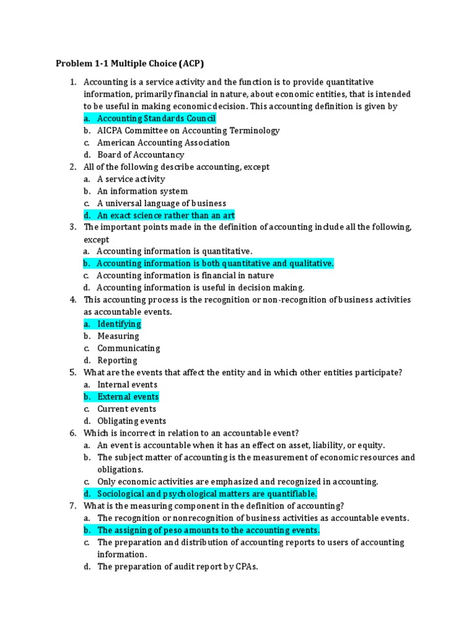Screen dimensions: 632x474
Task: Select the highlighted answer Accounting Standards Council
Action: click(156, 118)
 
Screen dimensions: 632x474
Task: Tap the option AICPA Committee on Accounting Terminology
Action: click(188, 131)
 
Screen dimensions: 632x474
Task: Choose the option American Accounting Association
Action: click(163, 143)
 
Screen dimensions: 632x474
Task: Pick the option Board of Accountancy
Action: click(141, 155)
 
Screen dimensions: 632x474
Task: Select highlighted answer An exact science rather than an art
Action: click(166, 215)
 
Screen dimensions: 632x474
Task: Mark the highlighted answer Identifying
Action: click(119, 324)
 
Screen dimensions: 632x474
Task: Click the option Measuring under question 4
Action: click(118, 336)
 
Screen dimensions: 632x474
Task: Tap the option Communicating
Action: click(128, 348)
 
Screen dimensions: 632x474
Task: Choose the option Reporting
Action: click(117, 360)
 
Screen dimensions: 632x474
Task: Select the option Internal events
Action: click(127, 385)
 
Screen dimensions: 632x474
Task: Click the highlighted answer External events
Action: click(128, 397)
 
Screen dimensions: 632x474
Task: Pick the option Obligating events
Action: click(131, 421)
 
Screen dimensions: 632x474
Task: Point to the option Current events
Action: click(127, 409)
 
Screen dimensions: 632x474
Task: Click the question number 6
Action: click(72, 433)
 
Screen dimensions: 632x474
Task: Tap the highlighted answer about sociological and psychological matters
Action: click(207, 494)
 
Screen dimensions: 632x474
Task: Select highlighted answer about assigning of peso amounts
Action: click(209, 530)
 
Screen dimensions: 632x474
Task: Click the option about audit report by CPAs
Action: click(177, 567)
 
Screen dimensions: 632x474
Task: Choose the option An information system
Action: click(143, 191)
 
